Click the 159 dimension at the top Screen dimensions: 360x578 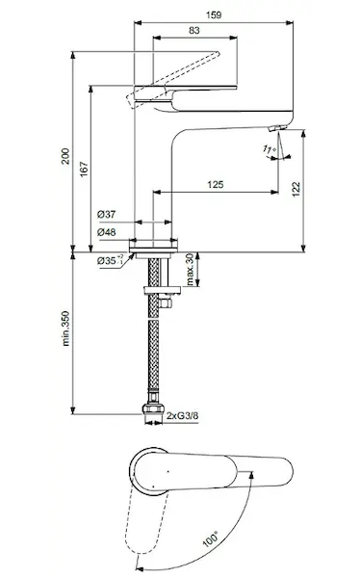click(x=214, y=15)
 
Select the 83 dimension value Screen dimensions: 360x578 click(x=194, y=30)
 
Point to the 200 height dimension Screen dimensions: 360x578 click(x=65, y=156)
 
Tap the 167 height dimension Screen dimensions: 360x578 click(x=84, y=170)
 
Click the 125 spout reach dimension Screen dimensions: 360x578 click(x=216, y=184)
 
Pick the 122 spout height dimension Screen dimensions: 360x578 click(x=296, y=190)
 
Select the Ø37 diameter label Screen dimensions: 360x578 click(x=107, y=214)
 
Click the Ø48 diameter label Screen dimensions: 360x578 click(x=107, y=232)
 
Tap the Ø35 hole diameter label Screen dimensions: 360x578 click(x=110, y=260)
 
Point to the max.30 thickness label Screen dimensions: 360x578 click(x=191, y=270)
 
